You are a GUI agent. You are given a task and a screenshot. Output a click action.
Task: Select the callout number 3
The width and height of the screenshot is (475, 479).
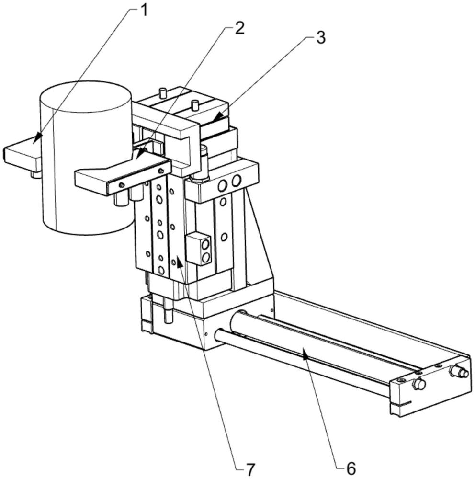tap(320, 38)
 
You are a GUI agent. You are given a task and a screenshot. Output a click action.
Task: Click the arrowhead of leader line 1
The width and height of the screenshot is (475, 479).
tap(37, 137)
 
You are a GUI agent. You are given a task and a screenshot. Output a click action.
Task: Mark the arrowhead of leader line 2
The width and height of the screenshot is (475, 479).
tap(140, 152)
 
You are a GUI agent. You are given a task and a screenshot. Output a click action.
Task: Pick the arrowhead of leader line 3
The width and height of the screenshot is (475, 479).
tap(218, 117)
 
